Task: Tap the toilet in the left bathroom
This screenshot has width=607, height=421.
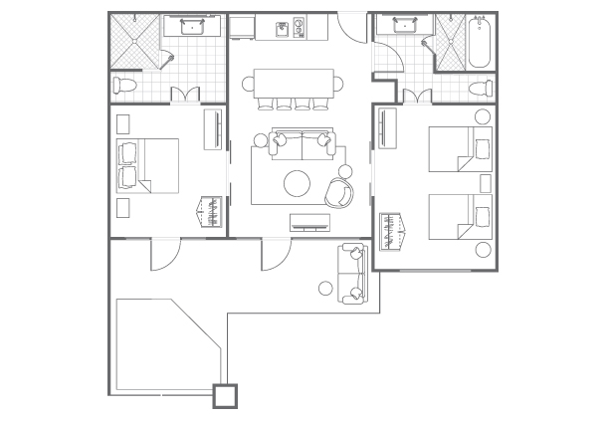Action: coord(124,85)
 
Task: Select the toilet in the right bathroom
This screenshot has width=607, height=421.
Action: coord(480,86)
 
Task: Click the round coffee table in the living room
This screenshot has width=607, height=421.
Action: coord(297,182)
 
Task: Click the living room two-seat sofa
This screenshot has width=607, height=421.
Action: coord(301,145)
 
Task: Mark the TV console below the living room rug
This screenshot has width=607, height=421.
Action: coord(309,222)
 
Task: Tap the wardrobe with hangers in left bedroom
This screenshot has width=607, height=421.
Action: coord(211,211)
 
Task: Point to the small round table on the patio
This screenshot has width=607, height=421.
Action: coord(325,289)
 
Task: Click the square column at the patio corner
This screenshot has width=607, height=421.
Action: coord(226,395)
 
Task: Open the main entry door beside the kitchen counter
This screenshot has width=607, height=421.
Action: coord(352,25)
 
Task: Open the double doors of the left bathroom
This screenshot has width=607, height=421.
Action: coord(186,95)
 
